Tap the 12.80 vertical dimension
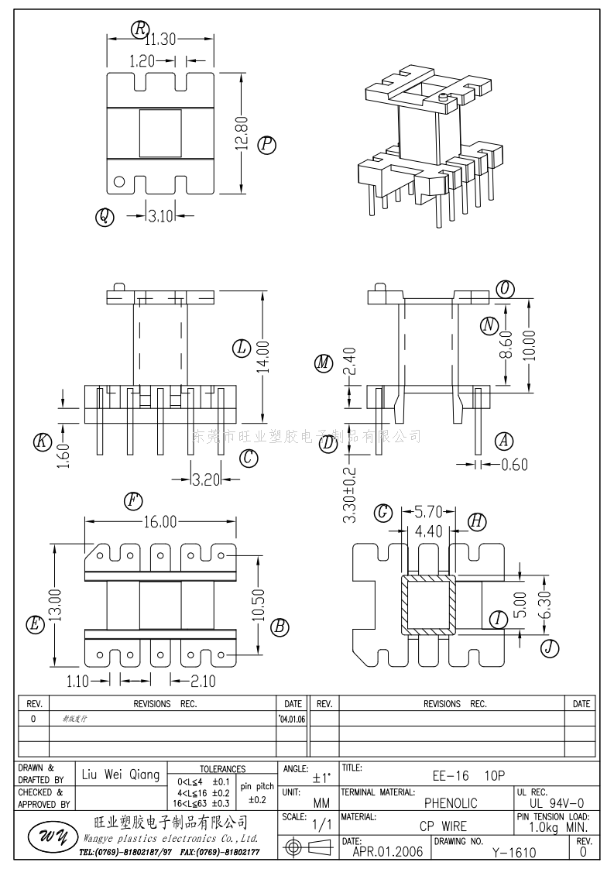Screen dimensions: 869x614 (242, 132)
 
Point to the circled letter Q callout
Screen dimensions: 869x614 (104, 217)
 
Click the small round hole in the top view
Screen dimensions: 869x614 (119, 183)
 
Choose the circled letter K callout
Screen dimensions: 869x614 (42, 442)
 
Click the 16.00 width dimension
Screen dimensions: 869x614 (159, 521)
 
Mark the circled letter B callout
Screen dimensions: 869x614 (280, 627)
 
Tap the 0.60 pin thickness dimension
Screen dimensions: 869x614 (514, 465)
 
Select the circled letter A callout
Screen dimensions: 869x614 (504, 441)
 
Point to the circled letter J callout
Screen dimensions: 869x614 (549, 647)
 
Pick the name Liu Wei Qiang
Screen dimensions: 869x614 (121, 775)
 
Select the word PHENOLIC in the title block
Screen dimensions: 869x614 (451, 803)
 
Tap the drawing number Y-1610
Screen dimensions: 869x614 (514, 853)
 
